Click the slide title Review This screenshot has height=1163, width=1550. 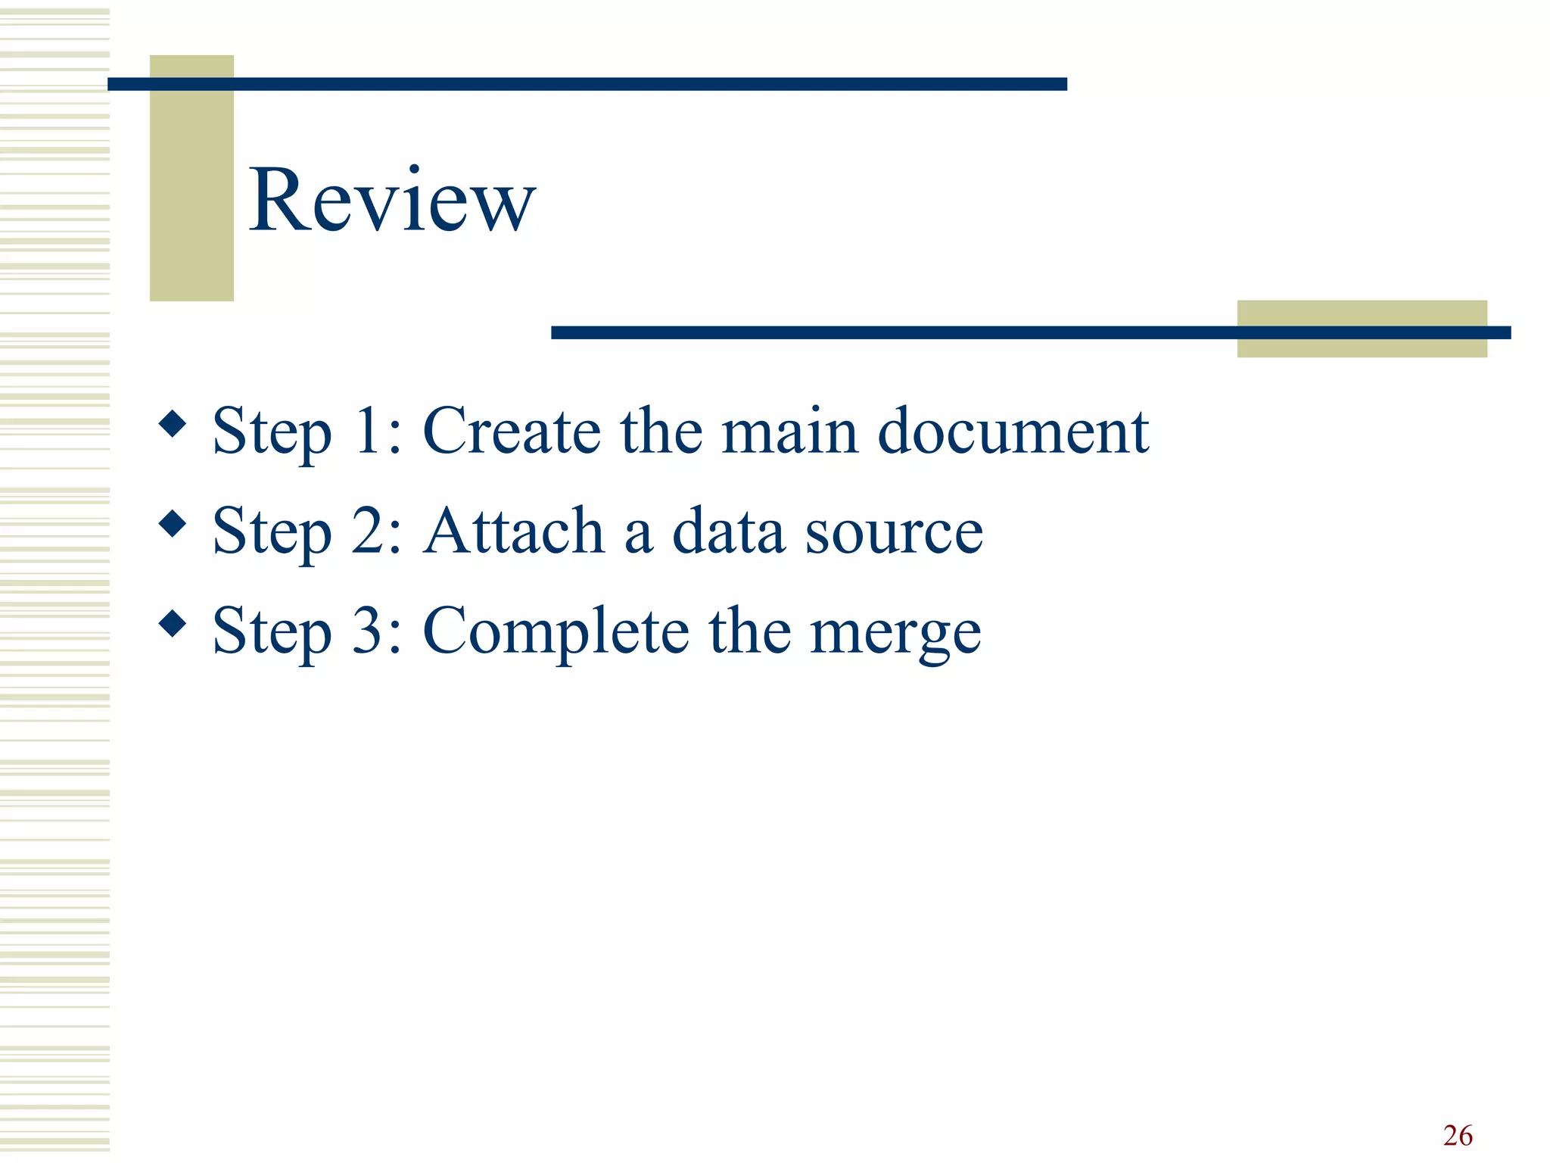tap(392, 200)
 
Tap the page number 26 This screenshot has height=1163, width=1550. tap(1457, 1136)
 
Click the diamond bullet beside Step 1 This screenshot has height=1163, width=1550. tap(173, 424)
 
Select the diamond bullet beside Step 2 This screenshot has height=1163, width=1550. tap(173, 524)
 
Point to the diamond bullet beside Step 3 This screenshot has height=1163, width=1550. tap(173, 624)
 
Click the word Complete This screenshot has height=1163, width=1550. tap(556, 631)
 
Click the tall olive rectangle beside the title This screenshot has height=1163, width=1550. tap(191, 178)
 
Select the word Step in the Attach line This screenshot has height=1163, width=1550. tap(272, 532)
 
